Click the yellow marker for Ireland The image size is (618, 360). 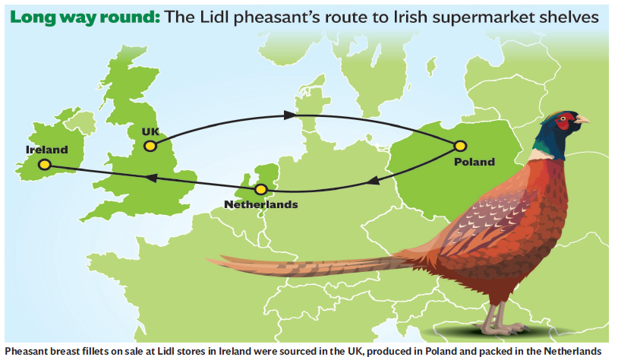45,164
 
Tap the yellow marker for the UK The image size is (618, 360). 150,146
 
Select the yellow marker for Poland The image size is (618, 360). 459,145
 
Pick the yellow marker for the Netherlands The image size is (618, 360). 261,189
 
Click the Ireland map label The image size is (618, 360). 46,150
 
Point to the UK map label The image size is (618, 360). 150,131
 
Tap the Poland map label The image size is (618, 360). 474,161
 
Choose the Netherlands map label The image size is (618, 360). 261,204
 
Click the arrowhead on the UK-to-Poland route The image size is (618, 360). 290,115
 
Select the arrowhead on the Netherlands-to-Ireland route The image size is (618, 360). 150,177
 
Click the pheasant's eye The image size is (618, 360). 563,119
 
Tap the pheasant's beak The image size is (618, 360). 582,120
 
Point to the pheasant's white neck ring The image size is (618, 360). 541,154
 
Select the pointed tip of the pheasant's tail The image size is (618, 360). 210,261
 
